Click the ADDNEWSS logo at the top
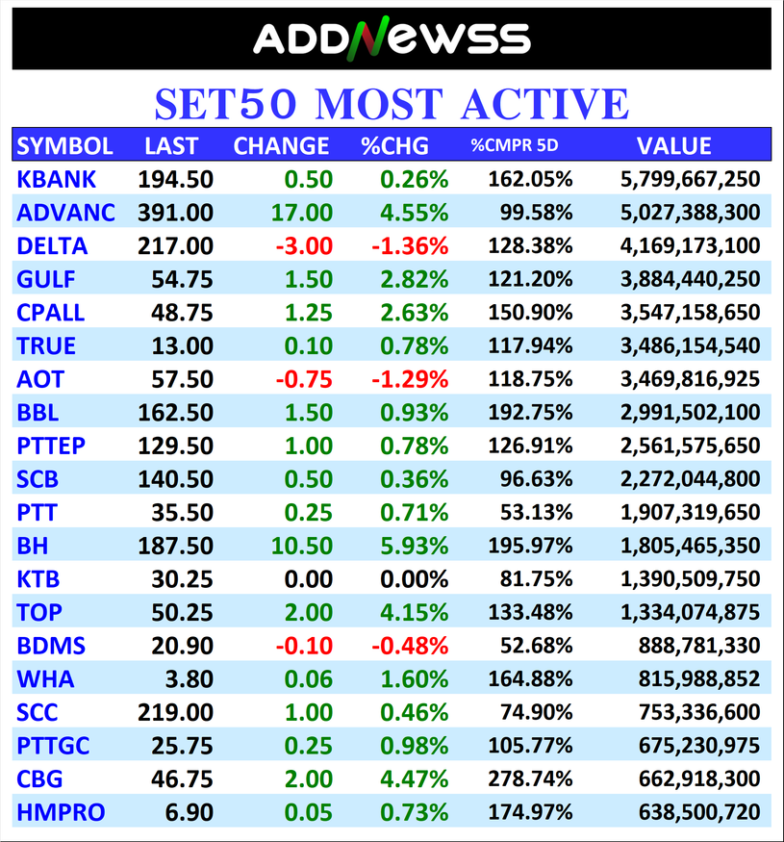point(392,38)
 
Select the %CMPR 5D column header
point(514,146)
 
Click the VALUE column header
point(673,146)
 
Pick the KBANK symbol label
point(57,179)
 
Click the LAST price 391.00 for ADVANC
point(175,213)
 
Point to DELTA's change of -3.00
point(304,246)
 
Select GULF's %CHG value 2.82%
point(414,279)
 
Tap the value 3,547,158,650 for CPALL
point(690,313)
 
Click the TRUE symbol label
point(45,346)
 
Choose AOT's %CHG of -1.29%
point(409,379)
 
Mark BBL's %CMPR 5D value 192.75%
point(530,413)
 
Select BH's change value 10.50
point(303,546)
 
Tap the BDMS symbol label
point(51,646)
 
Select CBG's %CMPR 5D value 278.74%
point(530,778)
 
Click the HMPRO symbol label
point(61,812)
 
